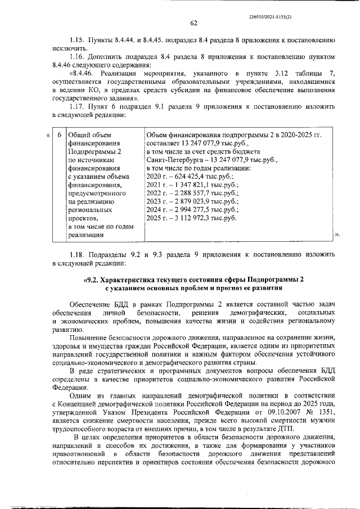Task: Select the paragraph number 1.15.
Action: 77,42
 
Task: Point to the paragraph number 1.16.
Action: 77,57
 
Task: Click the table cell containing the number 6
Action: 59,135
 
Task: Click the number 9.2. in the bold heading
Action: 91,279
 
